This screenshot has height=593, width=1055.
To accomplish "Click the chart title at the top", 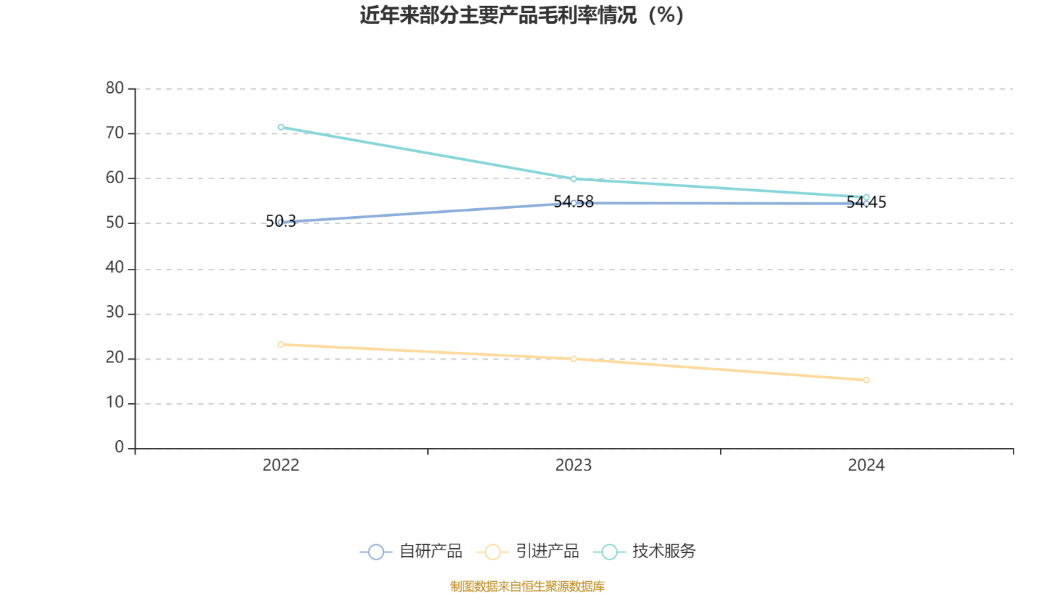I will pyautogui.click(x=522, y=15).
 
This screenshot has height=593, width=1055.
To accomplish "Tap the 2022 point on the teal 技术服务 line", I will pyautogui.click(x=281, y=127).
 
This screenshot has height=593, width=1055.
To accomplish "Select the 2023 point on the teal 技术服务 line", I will pyautogui.click(x=574, y=179).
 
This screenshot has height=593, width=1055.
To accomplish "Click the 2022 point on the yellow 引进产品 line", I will pyautogui.click(x=281, y=344).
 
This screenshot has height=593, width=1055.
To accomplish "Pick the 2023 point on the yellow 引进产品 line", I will pyautogui.click(x=574, y=359).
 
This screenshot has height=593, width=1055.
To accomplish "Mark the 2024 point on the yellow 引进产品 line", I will pyautogui.click(x=866, y=380).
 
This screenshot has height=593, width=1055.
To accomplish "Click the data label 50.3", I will pyautogui.click(x=281, y=221).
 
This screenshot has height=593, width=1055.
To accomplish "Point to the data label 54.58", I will pyautogui.click(x=574, y=202).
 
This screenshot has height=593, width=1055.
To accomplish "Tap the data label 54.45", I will pyautogui.click(x=866, y=203).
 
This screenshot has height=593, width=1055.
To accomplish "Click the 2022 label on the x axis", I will pyautogui.click(x=281, y=466).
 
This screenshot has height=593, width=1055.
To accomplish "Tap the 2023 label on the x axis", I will pyautogui.click(x=574, y=466).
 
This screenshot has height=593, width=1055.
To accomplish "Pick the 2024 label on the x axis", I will pyautogui.click(x=866, y=466).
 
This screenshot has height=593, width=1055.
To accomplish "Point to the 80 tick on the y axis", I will pyautogui.click(x=115, y=88).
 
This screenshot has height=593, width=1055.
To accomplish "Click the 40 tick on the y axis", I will pyautogui.click(x=115, y=268).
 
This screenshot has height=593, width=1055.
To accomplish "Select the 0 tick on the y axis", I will pyautogui.click(x=119, y=447).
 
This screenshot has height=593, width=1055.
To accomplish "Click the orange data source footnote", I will pyautogui.click(x=527, y=586).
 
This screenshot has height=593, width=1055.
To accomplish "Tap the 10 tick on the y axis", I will pyautogui.click(x=115, y=403).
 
